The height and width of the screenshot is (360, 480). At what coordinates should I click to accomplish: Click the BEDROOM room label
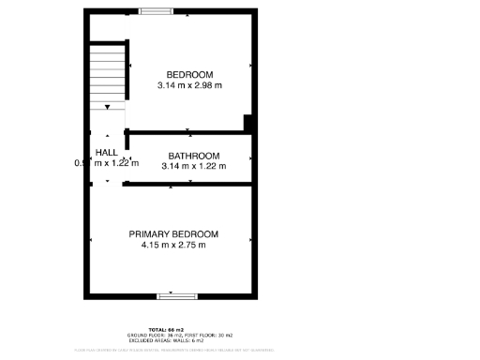coord(189,75)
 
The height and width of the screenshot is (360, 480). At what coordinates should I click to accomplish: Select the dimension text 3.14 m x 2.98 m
coord(189,85)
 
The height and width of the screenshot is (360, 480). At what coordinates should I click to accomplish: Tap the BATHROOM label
coord(193,156)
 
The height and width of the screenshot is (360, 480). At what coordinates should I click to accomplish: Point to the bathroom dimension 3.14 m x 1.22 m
coord(193,166)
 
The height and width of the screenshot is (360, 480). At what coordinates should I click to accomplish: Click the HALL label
coord(106,152)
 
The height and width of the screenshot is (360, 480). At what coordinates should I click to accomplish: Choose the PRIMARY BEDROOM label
coord(173,234)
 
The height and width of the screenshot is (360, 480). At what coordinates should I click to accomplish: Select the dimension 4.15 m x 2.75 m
coord(173,246)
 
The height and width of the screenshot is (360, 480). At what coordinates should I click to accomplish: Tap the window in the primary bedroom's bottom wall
coord(176,296)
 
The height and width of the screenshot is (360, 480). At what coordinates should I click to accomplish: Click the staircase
coord(108,75)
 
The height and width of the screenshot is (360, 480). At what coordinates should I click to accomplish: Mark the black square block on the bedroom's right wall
coord(248,123)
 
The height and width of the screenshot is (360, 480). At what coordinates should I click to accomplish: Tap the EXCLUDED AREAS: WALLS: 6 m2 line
coord(173,340)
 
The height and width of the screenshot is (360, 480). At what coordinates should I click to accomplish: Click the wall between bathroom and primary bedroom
coord(187,185)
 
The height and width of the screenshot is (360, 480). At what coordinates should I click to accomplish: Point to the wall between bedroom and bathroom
coord(187,133)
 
